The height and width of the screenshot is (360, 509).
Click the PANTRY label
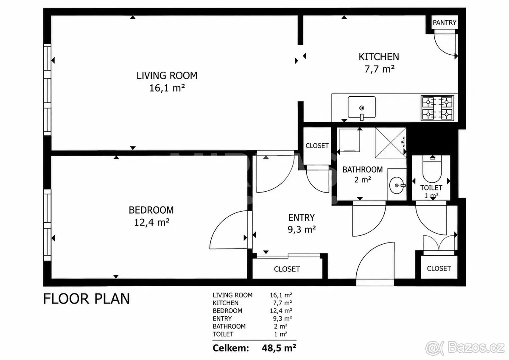click(445, 22)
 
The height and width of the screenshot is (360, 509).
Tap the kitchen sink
click(361, 108)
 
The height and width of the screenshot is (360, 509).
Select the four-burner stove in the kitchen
click(437, 108)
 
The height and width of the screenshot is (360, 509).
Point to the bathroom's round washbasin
click(397, 185)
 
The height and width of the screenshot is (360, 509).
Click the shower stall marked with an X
click(391, 142)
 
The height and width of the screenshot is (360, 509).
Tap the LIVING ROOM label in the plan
click(167, 75)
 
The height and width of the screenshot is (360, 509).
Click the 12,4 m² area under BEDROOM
click(151, 222)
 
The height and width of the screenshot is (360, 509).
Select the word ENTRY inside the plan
click(301, 218)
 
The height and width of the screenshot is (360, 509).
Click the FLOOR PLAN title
click(87, 299)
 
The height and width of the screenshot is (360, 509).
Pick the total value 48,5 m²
click(279, 348)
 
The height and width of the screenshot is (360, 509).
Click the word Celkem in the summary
click(231, 348)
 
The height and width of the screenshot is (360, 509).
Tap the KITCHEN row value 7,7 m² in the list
click(282, 303)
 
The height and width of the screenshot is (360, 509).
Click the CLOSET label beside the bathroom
click(317, 145)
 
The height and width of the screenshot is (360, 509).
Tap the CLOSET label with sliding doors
click(287, 269)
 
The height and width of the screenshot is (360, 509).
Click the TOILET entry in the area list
click(223, 334)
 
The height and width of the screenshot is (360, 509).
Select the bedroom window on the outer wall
click(47, 225)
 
